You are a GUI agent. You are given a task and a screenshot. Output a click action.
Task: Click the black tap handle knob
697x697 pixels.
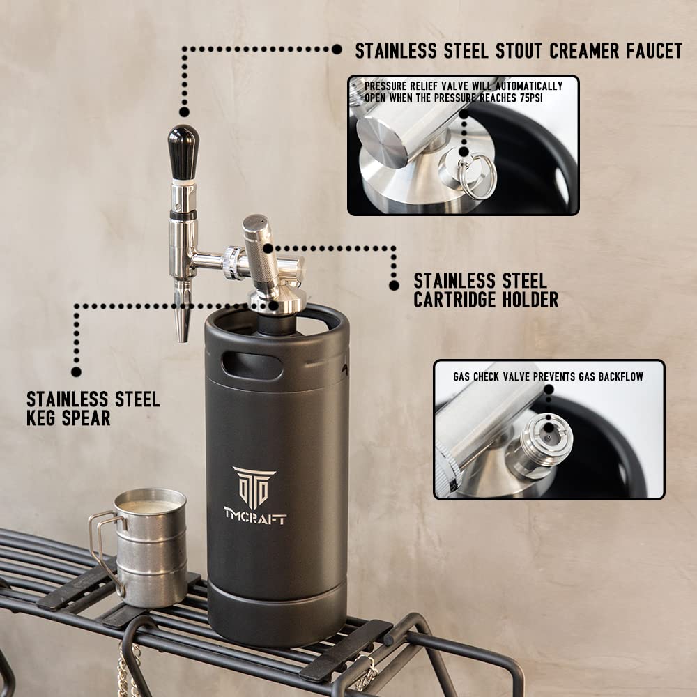tap(183, 151)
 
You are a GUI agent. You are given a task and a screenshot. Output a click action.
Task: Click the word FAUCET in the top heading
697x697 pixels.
tap(654, 51)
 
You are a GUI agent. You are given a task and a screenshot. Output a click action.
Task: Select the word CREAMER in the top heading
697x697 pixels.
tap(584, 51)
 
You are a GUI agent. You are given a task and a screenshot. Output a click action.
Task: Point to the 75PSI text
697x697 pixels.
tap(531, 98)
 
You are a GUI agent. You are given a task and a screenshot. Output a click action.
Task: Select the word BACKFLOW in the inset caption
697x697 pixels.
tap(620, 377)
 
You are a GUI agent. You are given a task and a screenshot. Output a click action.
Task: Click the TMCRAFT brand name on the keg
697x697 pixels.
tap(255, 516)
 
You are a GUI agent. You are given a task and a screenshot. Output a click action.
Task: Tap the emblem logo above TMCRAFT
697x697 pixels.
tap(254, 487)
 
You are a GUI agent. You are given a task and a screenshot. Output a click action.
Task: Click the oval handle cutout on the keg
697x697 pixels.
tap(252, 366)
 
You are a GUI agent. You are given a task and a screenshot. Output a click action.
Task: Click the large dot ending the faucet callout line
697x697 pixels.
tap(337, 49)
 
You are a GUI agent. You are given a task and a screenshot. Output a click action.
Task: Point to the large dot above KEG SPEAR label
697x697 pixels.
tap(77, 372)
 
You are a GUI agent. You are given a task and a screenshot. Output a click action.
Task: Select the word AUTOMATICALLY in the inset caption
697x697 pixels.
tap(528, 86)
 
